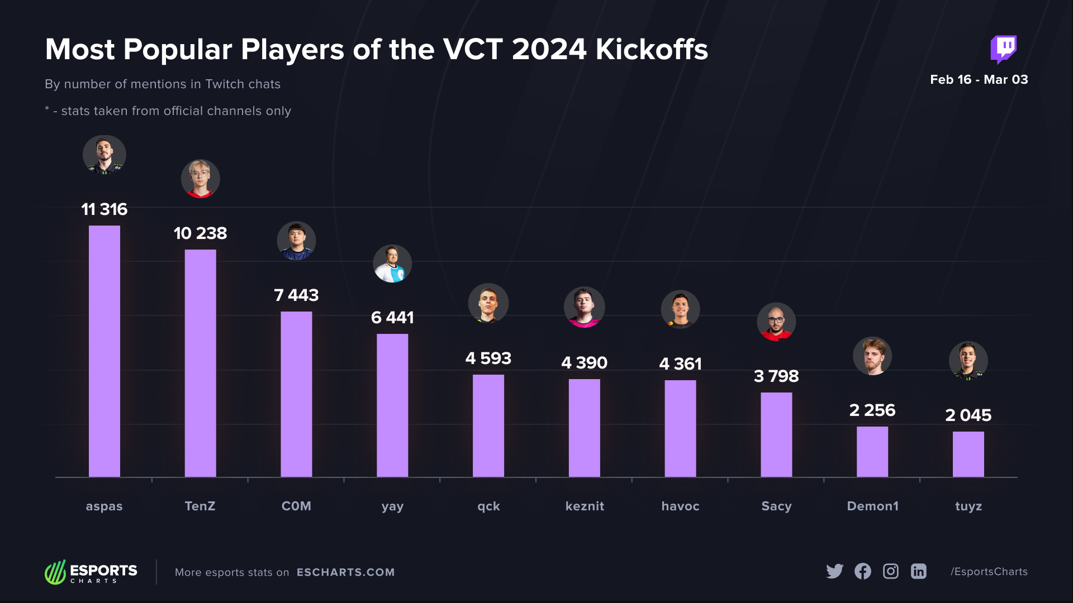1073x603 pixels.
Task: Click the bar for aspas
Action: pyautogui.click(x=105, y=351)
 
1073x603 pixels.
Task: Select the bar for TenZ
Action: pyautogui.click(x=200, y=363)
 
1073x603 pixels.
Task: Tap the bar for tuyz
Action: pyautogui.click(x=968, y=454)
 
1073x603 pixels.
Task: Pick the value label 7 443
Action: pyautogui.click(x=296, y=295)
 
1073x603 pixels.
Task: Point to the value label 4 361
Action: pyautogui.click(x=680, y=364)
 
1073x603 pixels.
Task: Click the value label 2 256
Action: pyautogui.click(x=872, y=410)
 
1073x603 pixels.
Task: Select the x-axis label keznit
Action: pyautogui.click(x=585, y=506)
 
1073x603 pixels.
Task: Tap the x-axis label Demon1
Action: pyautogui.click(x=872, y=506)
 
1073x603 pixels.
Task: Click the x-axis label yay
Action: pyautogui.click(x=392, y=506)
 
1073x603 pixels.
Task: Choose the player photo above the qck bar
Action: pyautogui.click(x=488, y=303)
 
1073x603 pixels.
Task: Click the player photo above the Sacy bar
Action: pyautogui.click(x=776, y=322)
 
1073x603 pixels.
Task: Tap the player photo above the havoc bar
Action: pyautogui.click(x=680, y=309)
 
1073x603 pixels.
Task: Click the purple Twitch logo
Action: pyautogui.click(x=1004, y=49)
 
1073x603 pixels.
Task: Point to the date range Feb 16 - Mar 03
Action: pyautogui.click(x=979, y=79)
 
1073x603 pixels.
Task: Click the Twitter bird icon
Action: pyautogui.click(x=834, y=571)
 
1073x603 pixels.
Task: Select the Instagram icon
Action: pyautogui.click(x=891, y=571)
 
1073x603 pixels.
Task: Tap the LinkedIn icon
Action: pyautogui.click(x=919, y=571)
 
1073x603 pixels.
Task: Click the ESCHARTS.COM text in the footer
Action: pyautogui.click(x=345, y=572)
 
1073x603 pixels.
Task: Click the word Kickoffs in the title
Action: pyautogui.click(x=652, y=49)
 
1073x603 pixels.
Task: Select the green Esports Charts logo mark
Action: pyautogui.click(x=55, y=572)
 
